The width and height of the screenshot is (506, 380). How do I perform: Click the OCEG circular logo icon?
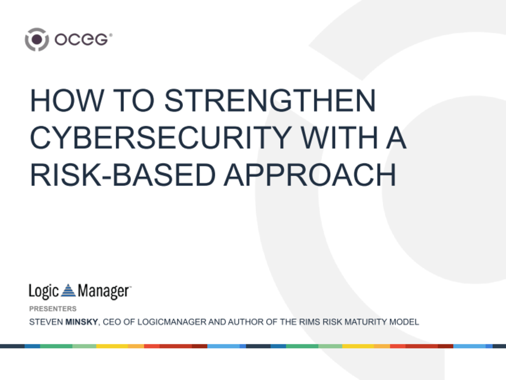[36, 40]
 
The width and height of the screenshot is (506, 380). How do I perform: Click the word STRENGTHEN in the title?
[270, 100]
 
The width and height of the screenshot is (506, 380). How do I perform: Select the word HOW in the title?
[61, 100]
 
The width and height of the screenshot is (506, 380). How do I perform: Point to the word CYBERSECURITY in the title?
[159, 138]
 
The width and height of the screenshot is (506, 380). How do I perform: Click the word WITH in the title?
[336, 138]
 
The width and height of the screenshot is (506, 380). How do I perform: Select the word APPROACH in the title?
[309, 175]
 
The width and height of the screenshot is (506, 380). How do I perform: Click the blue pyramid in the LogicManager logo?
[69, 290]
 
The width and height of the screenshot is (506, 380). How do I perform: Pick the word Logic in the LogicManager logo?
[44, 291]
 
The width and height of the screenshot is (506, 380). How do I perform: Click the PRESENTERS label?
[53, 309]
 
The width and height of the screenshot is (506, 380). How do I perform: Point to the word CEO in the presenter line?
[112, 322]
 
